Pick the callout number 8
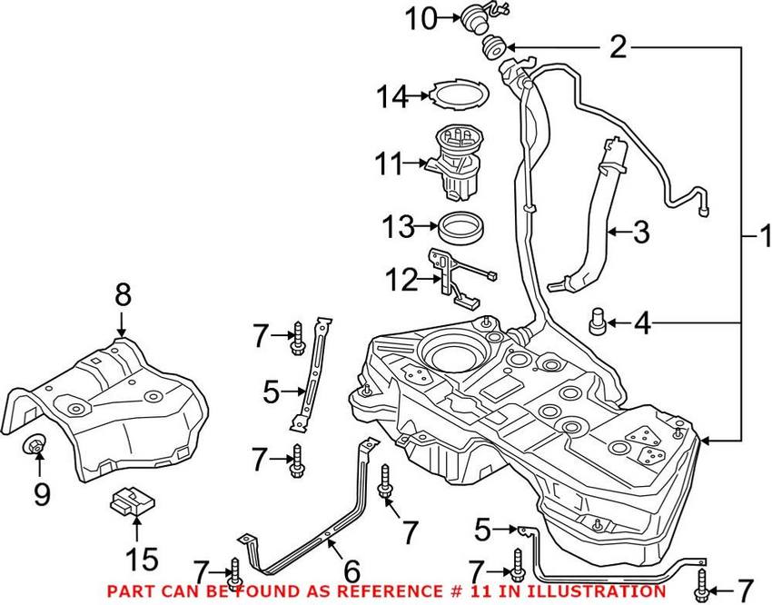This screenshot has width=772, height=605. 123,295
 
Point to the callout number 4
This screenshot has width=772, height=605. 641,322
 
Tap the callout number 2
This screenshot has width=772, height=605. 618,47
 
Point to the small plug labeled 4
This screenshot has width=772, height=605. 598,322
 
